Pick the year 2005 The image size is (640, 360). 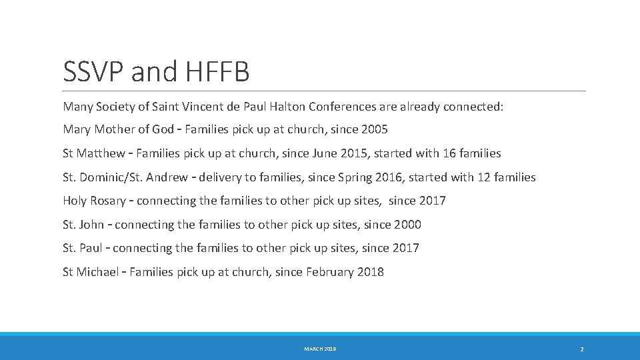[x=373, y=129]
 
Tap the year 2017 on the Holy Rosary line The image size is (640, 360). [x=432, y=201]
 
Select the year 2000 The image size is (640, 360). [x=407, y=225]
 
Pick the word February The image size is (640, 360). [x=329, y=272]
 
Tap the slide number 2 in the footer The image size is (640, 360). [x=582, y=349]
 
